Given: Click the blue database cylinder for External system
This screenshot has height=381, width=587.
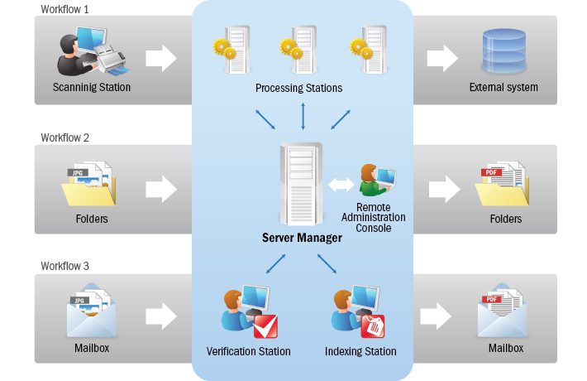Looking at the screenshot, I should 503,51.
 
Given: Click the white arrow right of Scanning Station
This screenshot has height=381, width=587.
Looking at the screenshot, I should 162,58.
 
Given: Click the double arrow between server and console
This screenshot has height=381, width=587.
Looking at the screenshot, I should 339,184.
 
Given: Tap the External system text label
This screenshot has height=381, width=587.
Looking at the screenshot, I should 503,87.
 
